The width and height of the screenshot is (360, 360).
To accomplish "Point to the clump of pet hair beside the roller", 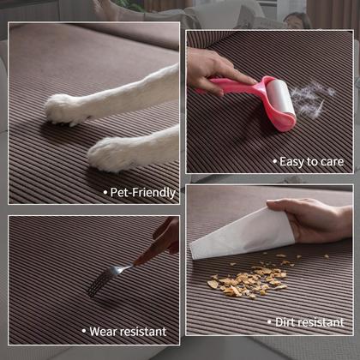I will tap(310, 99).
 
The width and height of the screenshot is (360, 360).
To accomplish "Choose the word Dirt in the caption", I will tap(289, 322).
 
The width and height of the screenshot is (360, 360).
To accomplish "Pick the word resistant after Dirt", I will tap(327, 322).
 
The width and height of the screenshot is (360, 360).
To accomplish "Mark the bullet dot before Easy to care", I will tap(276, 161).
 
